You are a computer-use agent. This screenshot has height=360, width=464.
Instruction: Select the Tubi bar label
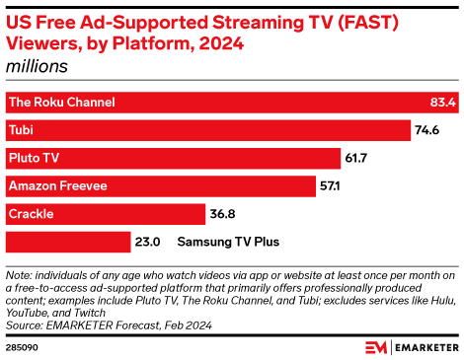(x=21, y=129)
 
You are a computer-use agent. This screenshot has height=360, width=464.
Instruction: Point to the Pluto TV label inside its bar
(x=36, y=157)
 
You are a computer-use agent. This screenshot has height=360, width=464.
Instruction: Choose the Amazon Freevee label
(x=56, y=185)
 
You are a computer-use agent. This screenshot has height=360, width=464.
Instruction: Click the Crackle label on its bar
(x=31, y=213)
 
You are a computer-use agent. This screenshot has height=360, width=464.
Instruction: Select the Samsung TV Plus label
(x=228, y=241)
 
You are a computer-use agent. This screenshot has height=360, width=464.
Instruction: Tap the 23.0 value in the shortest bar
(x=146, y=241)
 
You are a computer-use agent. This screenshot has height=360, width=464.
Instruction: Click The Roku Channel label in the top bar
(x=61, y=102)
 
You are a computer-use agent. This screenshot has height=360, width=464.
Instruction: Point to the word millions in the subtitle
(x=38, y=66)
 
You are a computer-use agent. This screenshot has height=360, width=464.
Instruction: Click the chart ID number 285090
(x=22, y=347)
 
